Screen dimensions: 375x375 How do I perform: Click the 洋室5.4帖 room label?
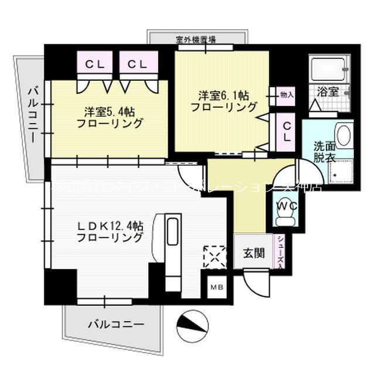click(110, 117)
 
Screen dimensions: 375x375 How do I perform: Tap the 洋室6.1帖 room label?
click(224, 101)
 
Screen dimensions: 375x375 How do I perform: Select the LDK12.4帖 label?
click(110, 231)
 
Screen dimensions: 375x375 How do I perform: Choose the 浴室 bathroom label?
click(328, 91)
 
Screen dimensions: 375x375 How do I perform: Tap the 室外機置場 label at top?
click(196, 40)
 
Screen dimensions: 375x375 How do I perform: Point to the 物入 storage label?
click(287, 93)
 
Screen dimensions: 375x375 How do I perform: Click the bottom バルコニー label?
click(117, 323)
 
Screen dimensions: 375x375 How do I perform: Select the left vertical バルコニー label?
click(33, 114)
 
